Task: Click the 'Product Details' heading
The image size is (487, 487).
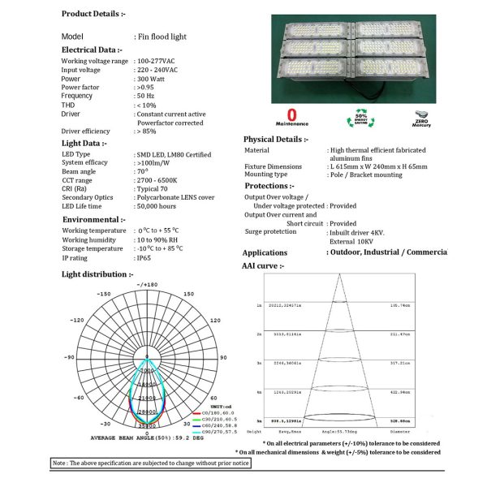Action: click(93, 15)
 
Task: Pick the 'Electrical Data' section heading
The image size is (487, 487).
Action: click(94, 50)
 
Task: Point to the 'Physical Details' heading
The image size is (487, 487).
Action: click(276, 139)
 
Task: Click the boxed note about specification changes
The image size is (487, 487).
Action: click(150, 463)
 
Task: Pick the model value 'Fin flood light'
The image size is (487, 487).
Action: click(162, 37)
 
